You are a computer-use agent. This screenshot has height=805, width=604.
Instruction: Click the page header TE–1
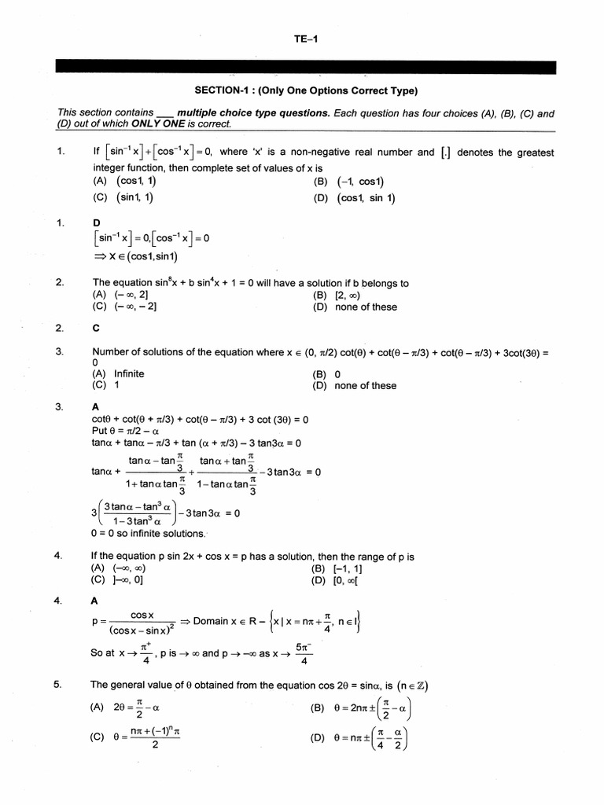tap(305, 38)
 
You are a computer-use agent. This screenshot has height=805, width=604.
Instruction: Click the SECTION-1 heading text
tap(306, 90)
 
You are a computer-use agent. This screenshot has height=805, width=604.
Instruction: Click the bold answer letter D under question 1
tap(97, 223)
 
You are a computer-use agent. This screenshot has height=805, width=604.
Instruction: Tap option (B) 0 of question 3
tap(326, 373)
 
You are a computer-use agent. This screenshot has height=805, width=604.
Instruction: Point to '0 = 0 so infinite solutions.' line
tap(148, 534)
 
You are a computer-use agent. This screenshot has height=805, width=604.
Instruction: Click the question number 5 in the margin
tap(57, 684)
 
